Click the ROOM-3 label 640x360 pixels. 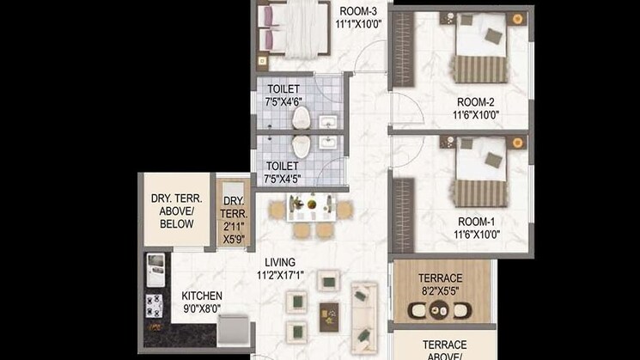click(x=358, y=11)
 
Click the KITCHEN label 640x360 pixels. click(x=202, y=296)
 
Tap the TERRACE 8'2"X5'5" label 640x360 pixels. click(x=440, y=278)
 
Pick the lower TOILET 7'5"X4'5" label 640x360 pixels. click(x=283, y=166)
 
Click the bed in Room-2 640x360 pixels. click(x=481, y=50)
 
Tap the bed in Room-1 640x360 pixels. click(x=481, y=172)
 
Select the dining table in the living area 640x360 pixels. click(x=310, y=207)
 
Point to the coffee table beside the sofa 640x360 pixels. click(x=329, y=315)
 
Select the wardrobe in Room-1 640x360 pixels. click(x=403, y=204)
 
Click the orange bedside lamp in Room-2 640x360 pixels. click(x=518, y=18)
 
